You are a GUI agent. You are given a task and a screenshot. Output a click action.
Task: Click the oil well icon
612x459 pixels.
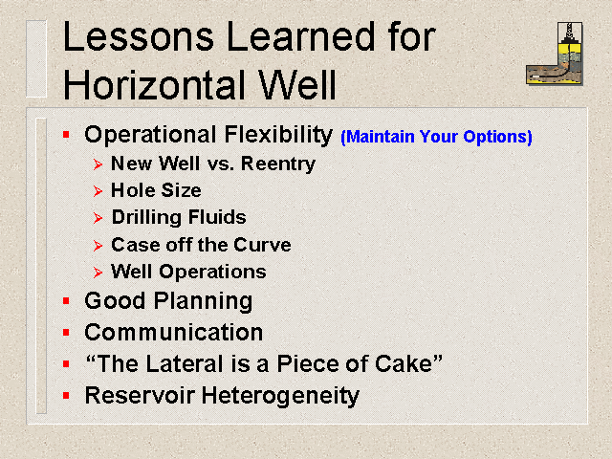click(555, 54)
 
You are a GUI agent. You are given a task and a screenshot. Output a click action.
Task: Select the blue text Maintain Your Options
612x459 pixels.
click(436, 137)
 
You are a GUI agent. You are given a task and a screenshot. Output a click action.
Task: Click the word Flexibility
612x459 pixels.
click(278, 136)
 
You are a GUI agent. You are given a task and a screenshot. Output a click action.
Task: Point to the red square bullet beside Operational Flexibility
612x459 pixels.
click(66, 135)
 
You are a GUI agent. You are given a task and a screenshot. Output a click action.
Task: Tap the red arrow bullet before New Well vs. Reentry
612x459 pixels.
click(98, 164)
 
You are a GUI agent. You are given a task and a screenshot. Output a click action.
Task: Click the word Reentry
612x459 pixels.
click(278, 164)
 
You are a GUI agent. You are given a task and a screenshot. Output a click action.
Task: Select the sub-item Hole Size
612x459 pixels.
click(156, 190)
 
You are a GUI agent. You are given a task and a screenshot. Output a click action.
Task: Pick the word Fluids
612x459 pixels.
click(217, 217)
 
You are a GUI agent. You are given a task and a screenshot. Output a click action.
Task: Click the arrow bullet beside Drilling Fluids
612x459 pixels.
click(98, 218)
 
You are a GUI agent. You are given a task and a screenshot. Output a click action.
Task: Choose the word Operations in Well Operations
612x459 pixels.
click(212, 272)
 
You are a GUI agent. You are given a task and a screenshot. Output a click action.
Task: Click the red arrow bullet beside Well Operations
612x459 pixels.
click(98, 272)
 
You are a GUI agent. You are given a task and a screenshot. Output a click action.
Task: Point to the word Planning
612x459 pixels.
click(203, 302)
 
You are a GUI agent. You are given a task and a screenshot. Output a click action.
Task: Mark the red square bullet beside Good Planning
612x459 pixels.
click(66, 301)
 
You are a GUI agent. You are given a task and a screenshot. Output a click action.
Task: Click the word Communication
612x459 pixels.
click(174, 333)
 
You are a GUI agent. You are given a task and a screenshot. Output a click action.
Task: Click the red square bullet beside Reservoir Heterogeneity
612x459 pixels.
click(66, 396)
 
